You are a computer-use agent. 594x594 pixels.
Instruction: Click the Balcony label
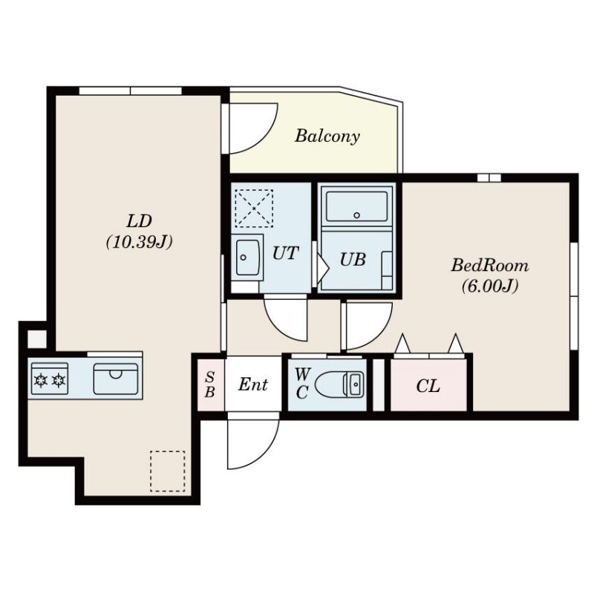[x=327, y=136]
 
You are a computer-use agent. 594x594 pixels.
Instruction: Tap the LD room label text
[x=139, y=221]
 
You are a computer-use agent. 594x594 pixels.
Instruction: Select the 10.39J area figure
[x=139, y=242]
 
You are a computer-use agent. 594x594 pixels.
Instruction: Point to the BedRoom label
[x=489, y=265]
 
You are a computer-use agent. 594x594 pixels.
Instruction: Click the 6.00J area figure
[x=489, y=286]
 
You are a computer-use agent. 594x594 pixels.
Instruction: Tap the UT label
[x=286, y=253]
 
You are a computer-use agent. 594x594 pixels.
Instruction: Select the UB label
[x=353, y=259]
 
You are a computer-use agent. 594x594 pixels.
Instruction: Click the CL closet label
[x=428, y=386]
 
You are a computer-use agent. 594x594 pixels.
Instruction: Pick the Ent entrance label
[x=253, y=385]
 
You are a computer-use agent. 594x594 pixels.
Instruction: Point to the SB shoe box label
[x=210, y=384]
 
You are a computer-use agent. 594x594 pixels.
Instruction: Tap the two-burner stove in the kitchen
[x=50, y=379]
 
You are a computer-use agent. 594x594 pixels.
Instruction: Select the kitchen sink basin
[x=116, y=379]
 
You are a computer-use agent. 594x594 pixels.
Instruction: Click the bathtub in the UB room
[x=356, y=207]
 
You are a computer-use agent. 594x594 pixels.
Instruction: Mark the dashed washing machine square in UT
[x=254, y=208]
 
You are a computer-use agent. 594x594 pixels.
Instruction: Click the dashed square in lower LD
[x=168, y=471]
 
